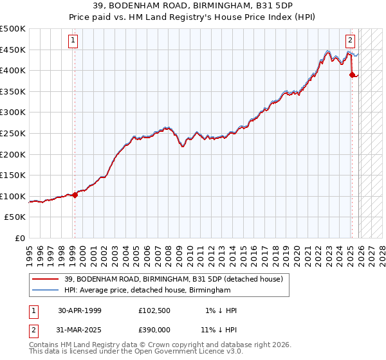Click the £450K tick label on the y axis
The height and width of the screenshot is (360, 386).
click(x=13, y=50)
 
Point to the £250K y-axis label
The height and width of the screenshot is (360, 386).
click(x=13, y=134)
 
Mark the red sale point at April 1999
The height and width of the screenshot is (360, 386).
click(x=75, y=195)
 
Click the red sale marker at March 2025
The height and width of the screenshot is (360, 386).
click(x=352, y=75)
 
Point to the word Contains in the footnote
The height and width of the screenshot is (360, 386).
click(x=45, y=346)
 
